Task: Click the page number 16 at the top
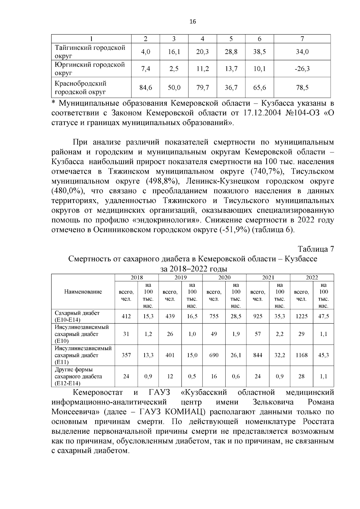click(193, 22)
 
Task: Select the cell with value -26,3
click(302, 69)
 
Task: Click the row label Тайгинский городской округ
click(90, 52)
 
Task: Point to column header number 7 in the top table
click(302, 39)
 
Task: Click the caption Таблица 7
click(316, 249)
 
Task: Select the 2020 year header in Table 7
click(224, 277)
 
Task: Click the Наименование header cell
click(83, 292)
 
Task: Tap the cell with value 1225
click(301, 316)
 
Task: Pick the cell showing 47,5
click(323, 316)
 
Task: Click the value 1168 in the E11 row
click(301, 355)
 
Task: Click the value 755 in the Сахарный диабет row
click(214, 316)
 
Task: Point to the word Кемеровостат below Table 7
click(98, 392)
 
